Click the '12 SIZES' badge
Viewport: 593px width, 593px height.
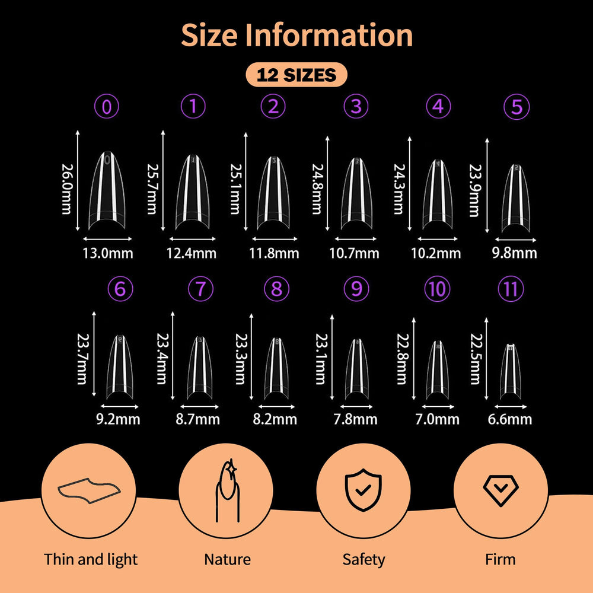point(296,75)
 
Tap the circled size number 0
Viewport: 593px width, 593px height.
point(107,106)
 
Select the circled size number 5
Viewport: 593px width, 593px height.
point(517,107)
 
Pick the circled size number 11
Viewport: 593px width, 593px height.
point(511,289)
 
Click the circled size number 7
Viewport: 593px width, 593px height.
point(200,289)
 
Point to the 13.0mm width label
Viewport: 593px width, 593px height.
point(108,253)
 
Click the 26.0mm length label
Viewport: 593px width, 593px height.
point(67,189)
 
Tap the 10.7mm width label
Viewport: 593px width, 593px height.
point(355,253)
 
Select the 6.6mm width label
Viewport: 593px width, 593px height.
point(510,419)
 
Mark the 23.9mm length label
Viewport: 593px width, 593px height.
point(474,190)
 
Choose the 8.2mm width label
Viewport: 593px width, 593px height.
point(275,419)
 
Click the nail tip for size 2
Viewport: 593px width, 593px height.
point(273,193)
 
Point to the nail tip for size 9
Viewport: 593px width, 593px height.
point(356,369)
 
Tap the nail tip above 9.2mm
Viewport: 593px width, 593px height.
point(120,367)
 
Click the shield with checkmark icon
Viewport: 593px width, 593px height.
point(363,490)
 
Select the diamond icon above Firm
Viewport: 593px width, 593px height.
point(500,490)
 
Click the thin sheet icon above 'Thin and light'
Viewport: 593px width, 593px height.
point(89,490)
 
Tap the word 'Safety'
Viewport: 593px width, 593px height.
point(364,559)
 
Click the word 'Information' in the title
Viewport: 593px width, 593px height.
point(329,35)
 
